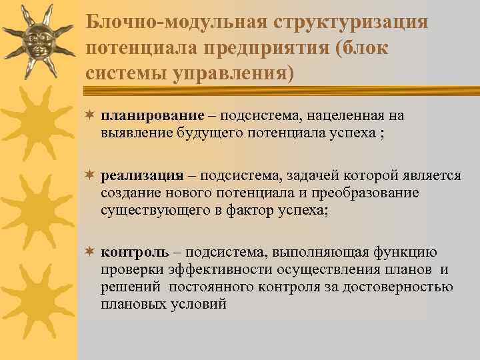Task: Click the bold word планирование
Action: [x=141, y=116]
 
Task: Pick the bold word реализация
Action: [x=142, y=175]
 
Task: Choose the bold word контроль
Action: [x=135, y=252]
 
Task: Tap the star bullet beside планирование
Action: [x=90, y=115]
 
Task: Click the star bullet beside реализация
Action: [x=90, y=175]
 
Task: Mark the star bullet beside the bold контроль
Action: [x=90, y=252]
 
